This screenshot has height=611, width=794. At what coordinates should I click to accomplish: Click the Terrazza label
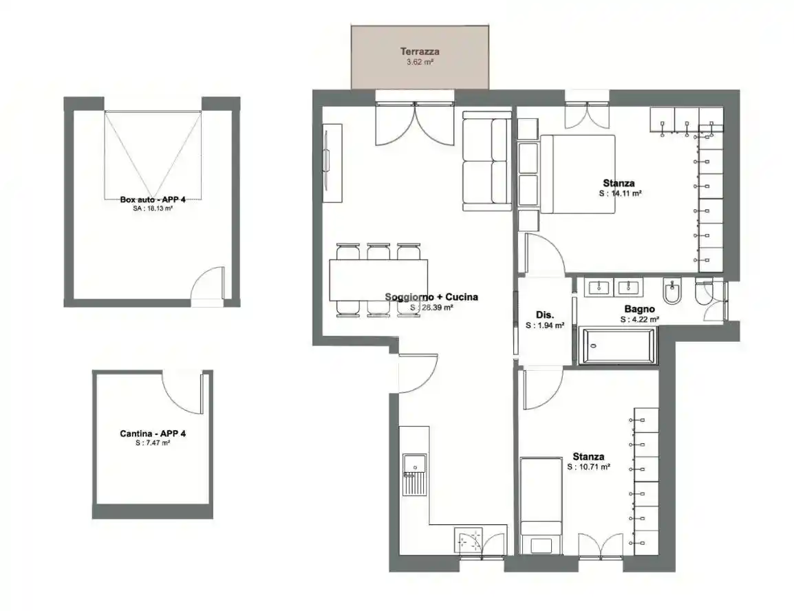click(419, 51)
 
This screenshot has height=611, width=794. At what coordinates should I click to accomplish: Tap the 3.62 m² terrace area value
click(420, 63)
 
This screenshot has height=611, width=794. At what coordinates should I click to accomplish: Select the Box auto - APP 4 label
click(153, 200)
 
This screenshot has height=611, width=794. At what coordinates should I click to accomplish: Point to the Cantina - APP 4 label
click(153, 433)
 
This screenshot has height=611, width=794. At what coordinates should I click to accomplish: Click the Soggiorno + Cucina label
click(431, 297)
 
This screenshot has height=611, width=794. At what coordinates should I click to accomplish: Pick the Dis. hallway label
click(545, 315)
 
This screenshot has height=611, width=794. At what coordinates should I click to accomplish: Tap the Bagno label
click(640, 309)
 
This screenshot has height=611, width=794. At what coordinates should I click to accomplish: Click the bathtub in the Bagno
click(618, 345)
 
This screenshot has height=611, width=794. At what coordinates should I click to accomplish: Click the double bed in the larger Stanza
click(577, 174)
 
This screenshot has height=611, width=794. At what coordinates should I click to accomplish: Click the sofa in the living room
click(486, 161)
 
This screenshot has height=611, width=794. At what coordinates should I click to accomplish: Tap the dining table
click(378, 280)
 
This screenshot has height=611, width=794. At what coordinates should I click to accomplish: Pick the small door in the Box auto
click(208, 285)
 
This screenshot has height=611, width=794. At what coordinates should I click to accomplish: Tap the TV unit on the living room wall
click(333, 163)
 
